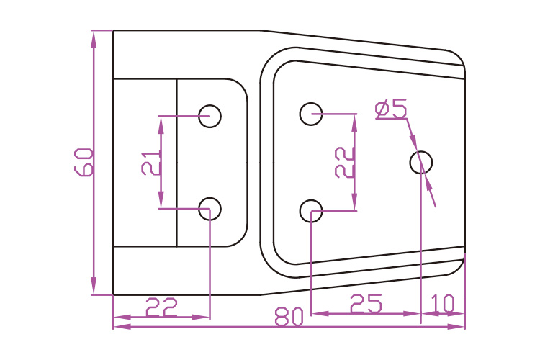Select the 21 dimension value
150,163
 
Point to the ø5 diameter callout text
391,109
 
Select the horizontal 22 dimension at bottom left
162,307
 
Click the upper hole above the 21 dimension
210,115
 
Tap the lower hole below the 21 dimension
210,209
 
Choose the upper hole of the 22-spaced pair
311,113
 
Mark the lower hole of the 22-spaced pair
311,210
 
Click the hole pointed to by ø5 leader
421,162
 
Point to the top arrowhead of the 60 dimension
94,37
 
